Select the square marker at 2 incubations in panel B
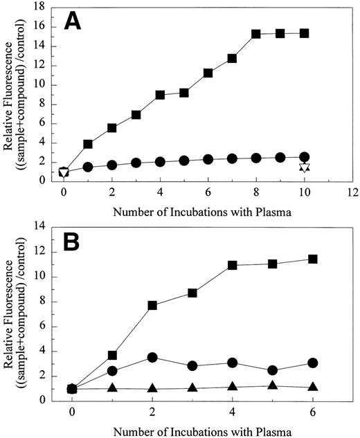coord(152,305)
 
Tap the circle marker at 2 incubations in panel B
coord(152,357)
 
